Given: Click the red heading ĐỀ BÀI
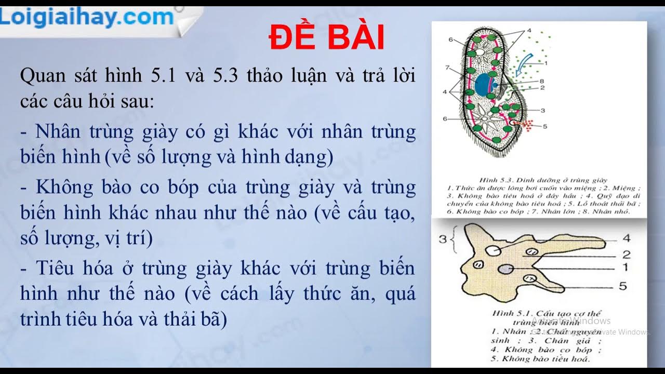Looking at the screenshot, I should click(x=327, y=37).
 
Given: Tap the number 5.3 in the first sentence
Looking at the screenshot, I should click(x=225, y=76).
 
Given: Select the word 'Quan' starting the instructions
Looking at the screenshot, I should click(x=43, y=76).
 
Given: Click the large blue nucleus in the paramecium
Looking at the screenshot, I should click(x=485, y=85).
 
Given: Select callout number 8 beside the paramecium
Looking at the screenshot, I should click(x=541, y=81).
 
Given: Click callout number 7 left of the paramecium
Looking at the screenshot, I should click(x=447, y=68).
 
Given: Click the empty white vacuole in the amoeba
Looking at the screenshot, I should click(x=493, y=251).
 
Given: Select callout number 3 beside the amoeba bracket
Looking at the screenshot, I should click(x=443, y=239).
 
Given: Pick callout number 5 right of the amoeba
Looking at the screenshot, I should click(x=623, y=286).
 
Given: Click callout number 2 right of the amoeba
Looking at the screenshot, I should click(x=626, y=255).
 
